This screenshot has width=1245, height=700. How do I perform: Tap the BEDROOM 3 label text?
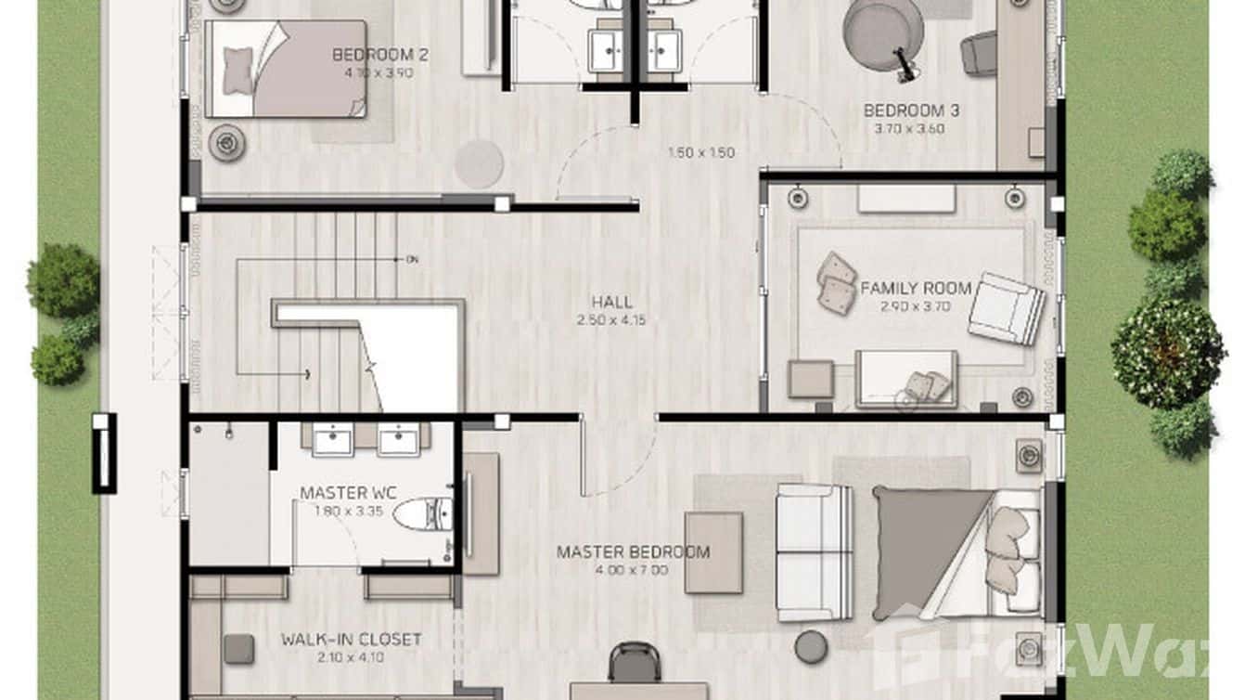[x=911, y=110]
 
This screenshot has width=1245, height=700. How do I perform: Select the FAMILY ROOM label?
[x=915, y=288]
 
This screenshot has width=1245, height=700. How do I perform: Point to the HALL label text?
[x=612, y=302]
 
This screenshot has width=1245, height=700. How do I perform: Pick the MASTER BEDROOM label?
[x=633, y=552]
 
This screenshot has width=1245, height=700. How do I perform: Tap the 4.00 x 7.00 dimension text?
[x=631, y=570]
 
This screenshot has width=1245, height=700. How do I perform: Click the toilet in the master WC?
[x=424, y=513]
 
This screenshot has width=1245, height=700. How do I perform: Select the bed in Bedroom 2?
[x=286, y=70]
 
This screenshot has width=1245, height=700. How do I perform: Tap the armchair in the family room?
[x=1005, y=308]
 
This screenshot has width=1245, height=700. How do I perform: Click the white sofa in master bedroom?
[x=814, y=552]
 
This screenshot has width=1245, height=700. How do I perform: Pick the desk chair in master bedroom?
[x=634, y=663]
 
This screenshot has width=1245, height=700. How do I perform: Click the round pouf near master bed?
[x=812, y=646]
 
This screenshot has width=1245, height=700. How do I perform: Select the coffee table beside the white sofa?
[x=713, y=552]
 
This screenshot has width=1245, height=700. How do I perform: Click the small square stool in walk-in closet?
[x=238, y=648]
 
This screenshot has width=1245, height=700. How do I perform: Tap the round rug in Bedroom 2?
[x=479, y=163]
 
